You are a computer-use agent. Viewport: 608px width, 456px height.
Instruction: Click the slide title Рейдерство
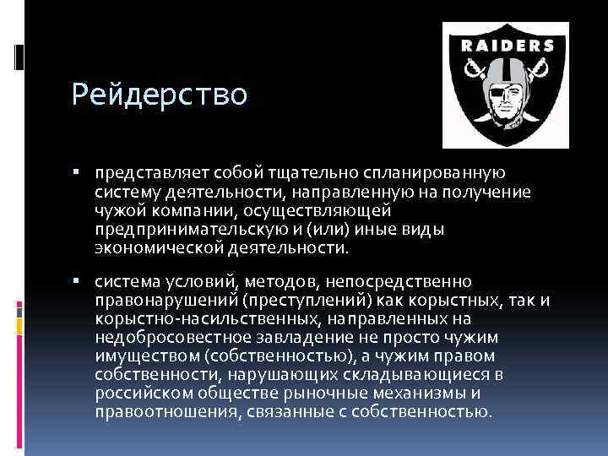pyautogui.click(x=160, y=95)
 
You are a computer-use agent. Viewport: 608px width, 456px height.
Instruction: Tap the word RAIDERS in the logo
pyautogui.click(x=507, y=46)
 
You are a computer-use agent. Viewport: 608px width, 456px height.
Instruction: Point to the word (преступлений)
pyautogui.click(x=286, y=299)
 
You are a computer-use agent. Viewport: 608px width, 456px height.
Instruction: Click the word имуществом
pyautogui.click(x=138, y=356)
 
